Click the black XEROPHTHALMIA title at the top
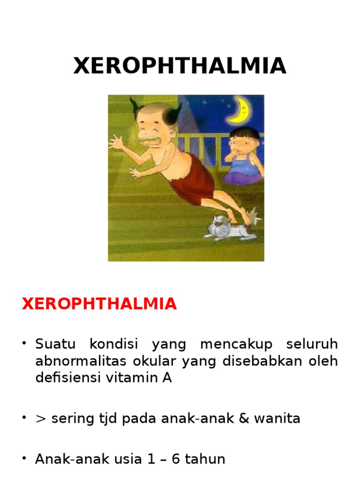click(180, 66)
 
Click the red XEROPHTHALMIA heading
click(99, 304)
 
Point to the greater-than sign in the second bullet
click(40, 419)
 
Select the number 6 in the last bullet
click(172, 459)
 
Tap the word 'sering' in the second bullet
click(68, 419)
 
